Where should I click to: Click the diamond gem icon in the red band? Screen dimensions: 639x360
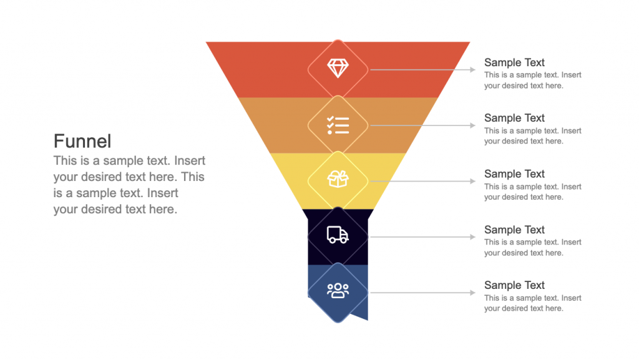[338, 69]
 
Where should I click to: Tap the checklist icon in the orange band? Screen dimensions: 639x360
[338, 125]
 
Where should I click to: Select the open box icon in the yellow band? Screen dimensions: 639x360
[338, 180]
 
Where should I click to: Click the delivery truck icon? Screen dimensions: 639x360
[338, 235]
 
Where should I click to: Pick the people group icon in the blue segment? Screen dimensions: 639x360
[338, 291]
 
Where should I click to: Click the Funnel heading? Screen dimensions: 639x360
[82, 140]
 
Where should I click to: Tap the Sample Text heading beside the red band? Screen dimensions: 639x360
[514, 62]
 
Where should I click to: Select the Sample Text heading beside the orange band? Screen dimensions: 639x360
[514, 118]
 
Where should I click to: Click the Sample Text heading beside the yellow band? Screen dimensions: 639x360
[514, 174]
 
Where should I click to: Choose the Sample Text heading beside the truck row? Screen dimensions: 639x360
[514, 230]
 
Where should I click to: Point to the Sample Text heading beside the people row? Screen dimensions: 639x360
[514, 285]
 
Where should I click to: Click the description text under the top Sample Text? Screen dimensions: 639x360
[532, 80]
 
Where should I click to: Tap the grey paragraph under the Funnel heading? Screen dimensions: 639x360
[129, 185]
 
